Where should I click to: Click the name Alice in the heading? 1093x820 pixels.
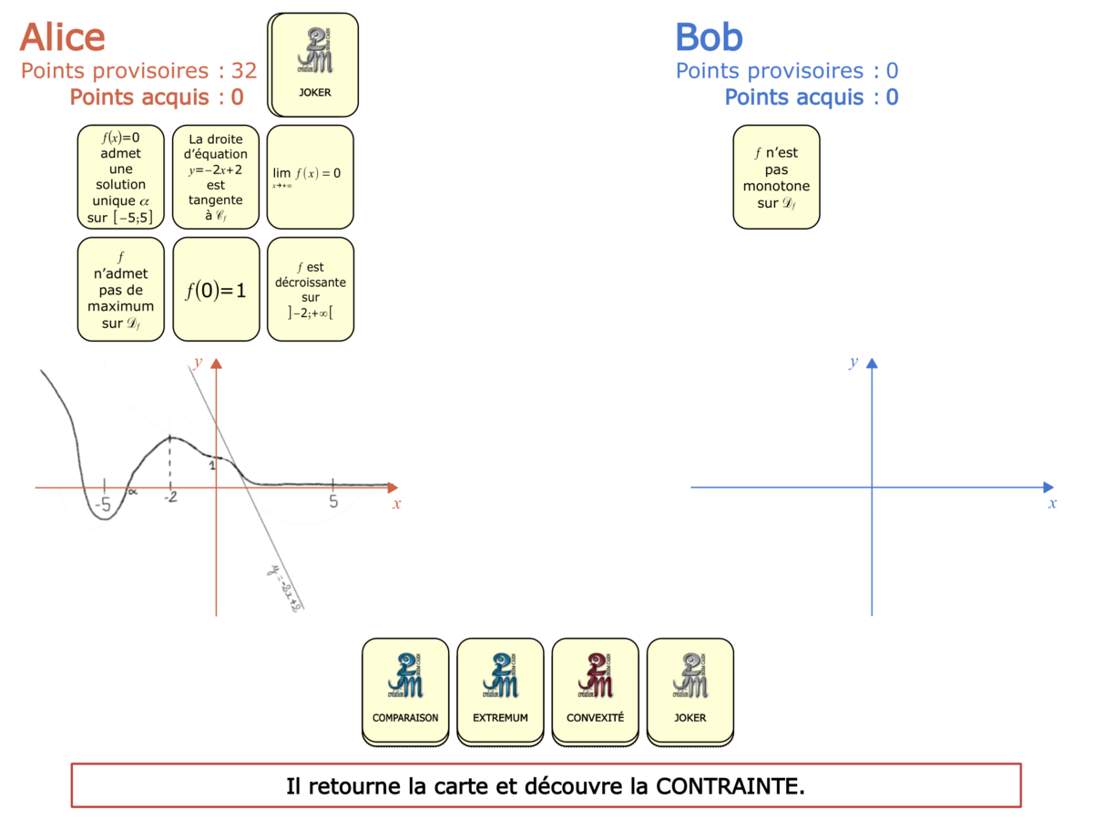tap(63, 37)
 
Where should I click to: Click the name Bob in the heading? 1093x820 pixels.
tap(709, 37)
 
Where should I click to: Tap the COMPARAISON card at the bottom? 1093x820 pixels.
tap(405, 690)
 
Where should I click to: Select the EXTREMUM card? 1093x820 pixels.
tap(500, 690)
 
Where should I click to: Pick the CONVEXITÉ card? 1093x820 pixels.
tap(595, 690)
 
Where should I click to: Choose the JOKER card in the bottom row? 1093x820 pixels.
tap(690, 690)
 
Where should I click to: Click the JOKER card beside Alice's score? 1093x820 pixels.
tap(314, 64)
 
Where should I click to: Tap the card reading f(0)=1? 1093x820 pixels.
tap(216, 291)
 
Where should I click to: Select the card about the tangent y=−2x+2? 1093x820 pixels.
tap(216, 177)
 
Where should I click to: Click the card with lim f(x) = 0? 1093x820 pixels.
tap(310, 177)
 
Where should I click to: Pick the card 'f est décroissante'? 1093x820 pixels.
tap(310, 291)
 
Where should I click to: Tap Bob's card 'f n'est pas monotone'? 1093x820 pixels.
tap(776, 177)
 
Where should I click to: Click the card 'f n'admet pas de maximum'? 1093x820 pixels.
tap(121, 291)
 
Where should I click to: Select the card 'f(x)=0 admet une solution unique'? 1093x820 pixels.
tap(121, 177)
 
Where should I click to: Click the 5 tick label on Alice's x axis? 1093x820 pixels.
tap(333, 501)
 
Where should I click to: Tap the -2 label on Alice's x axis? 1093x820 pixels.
tap(170, 498)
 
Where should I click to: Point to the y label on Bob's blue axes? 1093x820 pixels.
tap(853, 362)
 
